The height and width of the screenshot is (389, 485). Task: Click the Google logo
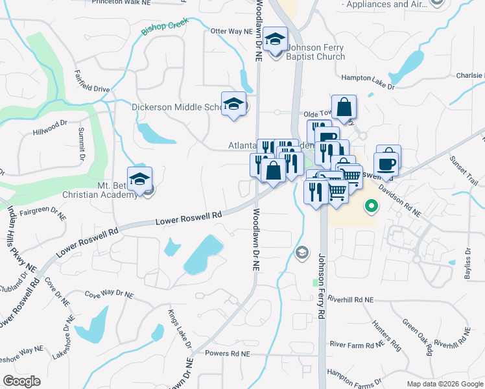[21, 381]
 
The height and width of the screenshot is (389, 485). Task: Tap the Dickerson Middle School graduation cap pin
[234, 104]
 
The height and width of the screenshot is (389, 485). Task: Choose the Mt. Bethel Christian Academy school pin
[139, 180]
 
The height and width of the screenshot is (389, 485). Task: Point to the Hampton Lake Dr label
[368, 79]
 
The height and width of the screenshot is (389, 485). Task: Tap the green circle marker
[372, 206]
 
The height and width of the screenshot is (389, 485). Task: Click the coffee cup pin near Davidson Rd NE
[387, 164]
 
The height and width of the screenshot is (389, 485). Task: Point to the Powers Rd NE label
[227, 354]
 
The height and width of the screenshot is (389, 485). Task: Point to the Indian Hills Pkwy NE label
[21, 237]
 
